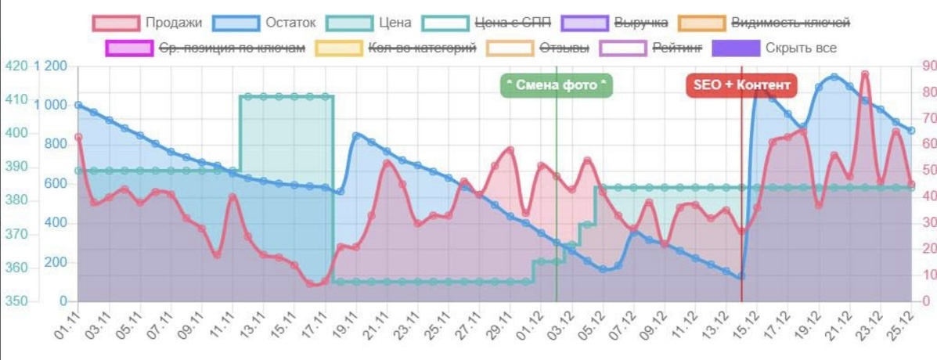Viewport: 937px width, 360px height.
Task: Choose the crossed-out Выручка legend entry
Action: tap(618, 23)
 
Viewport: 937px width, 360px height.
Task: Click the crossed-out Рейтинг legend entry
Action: tap(650, 49)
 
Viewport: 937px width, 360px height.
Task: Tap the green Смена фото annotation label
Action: tap(556, 85)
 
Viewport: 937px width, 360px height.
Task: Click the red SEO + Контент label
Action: tap(741, 85)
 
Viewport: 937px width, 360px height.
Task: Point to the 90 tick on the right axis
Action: tap(927, 66)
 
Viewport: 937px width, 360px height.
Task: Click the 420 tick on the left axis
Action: tap(16, 66)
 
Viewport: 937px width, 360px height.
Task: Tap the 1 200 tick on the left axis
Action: tap(52, 66)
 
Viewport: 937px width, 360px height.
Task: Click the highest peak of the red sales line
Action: tap(865, 74)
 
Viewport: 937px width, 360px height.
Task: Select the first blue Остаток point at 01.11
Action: tap(78, 105)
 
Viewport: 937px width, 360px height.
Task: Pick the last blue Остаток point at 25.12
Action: tap(912, 130)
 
